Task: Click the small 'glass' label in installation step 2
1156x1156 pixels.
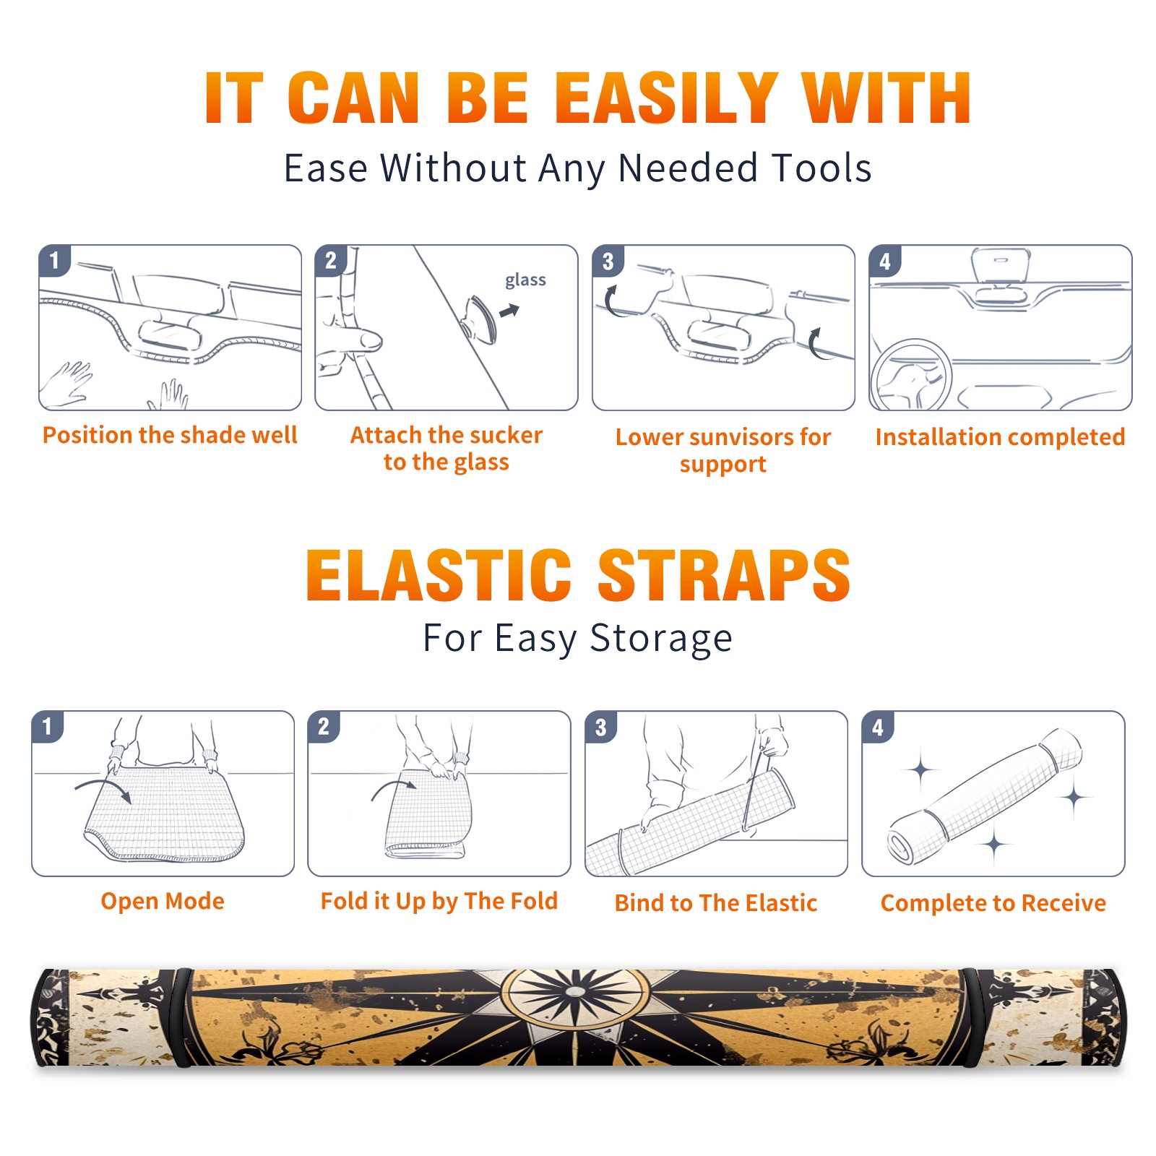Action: point(525,280)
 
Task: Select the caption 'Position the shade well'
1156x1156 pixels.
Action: point(170,435)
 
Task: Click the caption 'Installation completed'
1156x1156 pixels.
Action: point(1000,436)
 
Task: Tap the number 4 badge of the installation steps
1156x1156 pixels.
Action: point(885,261)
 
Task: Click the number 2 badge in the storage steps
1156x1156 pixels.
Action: point(324,726)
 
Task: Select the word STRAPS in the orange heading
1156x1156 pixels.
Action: point(724,575)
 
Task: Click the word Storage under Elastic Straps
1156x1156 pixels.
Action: point(661,639)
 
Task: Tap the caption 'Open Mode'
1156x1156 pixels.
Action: point(163,901)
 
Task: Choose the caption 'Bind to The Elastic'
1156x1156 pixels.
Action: point(716,902)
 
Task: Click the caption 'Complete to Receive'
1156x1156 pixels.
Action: point(993,903)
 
